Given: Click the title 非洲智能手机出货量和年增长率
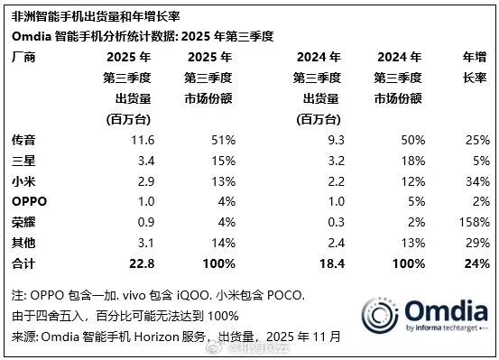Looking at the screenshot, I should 99,14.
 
